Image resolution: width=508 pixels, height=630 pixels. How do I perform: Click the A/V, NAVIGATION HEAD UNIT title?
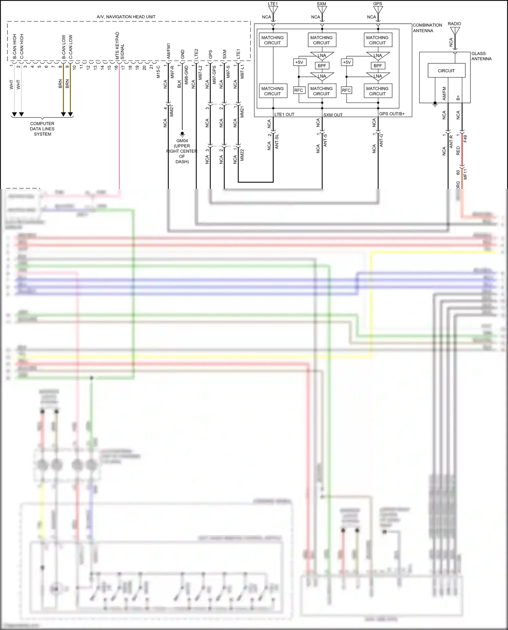point(126,17)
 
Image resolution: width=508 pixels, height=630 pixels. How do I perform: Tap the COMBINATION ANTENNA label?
point(427,28)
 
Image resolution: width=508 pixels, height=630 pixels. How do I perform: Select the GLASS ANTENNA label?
point(481,56)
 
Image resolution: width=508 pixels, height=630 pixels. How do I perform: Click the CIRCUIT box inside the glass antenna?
point(446,71)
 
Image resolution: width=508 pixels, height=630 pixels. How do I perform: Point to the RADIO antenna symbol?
point(455,31)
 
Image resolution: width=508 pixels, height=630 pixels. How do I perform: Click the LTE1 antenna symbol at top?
point(273,10)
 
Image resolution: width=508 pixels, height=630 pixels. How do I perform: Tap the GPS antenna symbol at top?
point(378,10)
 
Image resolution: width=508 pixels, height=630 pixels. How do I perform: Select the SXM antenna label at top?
point(321,4)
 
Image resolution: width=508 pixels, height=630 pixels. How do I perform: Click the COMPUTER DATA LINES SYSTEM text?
point(42,129)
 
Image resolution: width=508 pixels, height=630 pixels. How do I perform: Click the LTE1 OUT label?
point(284,114)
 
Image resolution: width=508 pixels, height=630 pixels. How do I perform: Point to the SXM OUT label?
point(333,115)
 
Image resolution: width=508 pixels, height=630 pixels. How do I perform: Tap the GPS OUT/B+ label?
point(392,114)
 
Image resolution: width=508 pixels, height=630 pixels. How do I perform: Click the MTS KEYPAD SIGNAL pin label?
point(120,46)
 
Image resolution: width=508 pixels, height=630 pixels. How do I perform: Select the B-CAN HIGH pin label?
point(15,46)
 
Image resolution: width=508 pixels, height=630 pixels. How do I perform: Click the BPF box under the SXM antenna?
point(322,66)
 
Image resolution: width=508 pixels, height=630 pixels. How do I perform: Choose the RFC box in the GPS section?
point(346,90)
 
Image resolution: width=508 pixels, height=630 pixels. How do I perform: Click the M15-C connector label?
point(158,72)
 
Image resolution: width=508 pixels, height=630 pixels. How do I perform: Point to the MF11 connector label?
point(465,174)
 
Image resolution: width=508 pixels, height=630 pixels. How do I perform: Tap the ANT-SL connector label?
point(276,142)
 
